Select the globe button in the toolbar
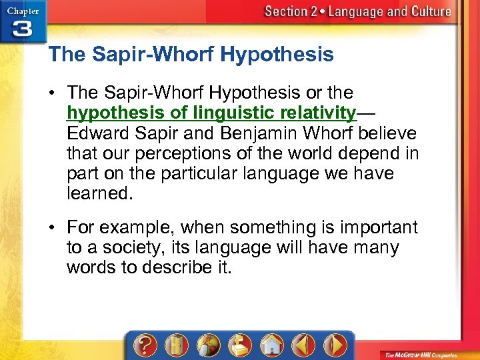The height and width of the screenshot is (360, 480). tap(209, 345)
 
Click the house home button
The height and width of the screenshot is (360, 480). tap(271, 345)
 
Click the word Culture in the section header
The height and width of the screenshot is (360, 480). tap(428, 11)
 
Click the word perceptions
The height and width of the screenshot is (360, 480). tap(170, 153)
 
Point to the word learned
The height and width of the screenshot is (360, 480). tap(100, 194)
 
